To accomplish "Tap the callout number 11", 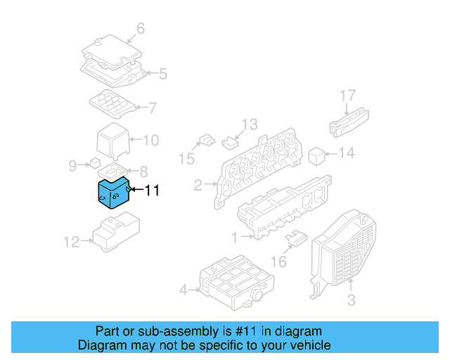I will click(152, 190).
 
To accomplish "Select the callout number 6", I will click(140, 29).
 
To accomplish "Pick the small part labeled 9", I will click(94, 163).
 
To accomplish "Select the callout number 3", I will click(351, 301).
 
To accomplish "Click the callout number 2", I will click(198, 186).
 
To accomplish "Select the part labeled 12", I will click(116, 233).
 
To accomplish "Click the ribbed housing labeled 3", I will click(345, 246).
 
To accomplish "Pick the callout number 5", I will click(162, 73).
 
